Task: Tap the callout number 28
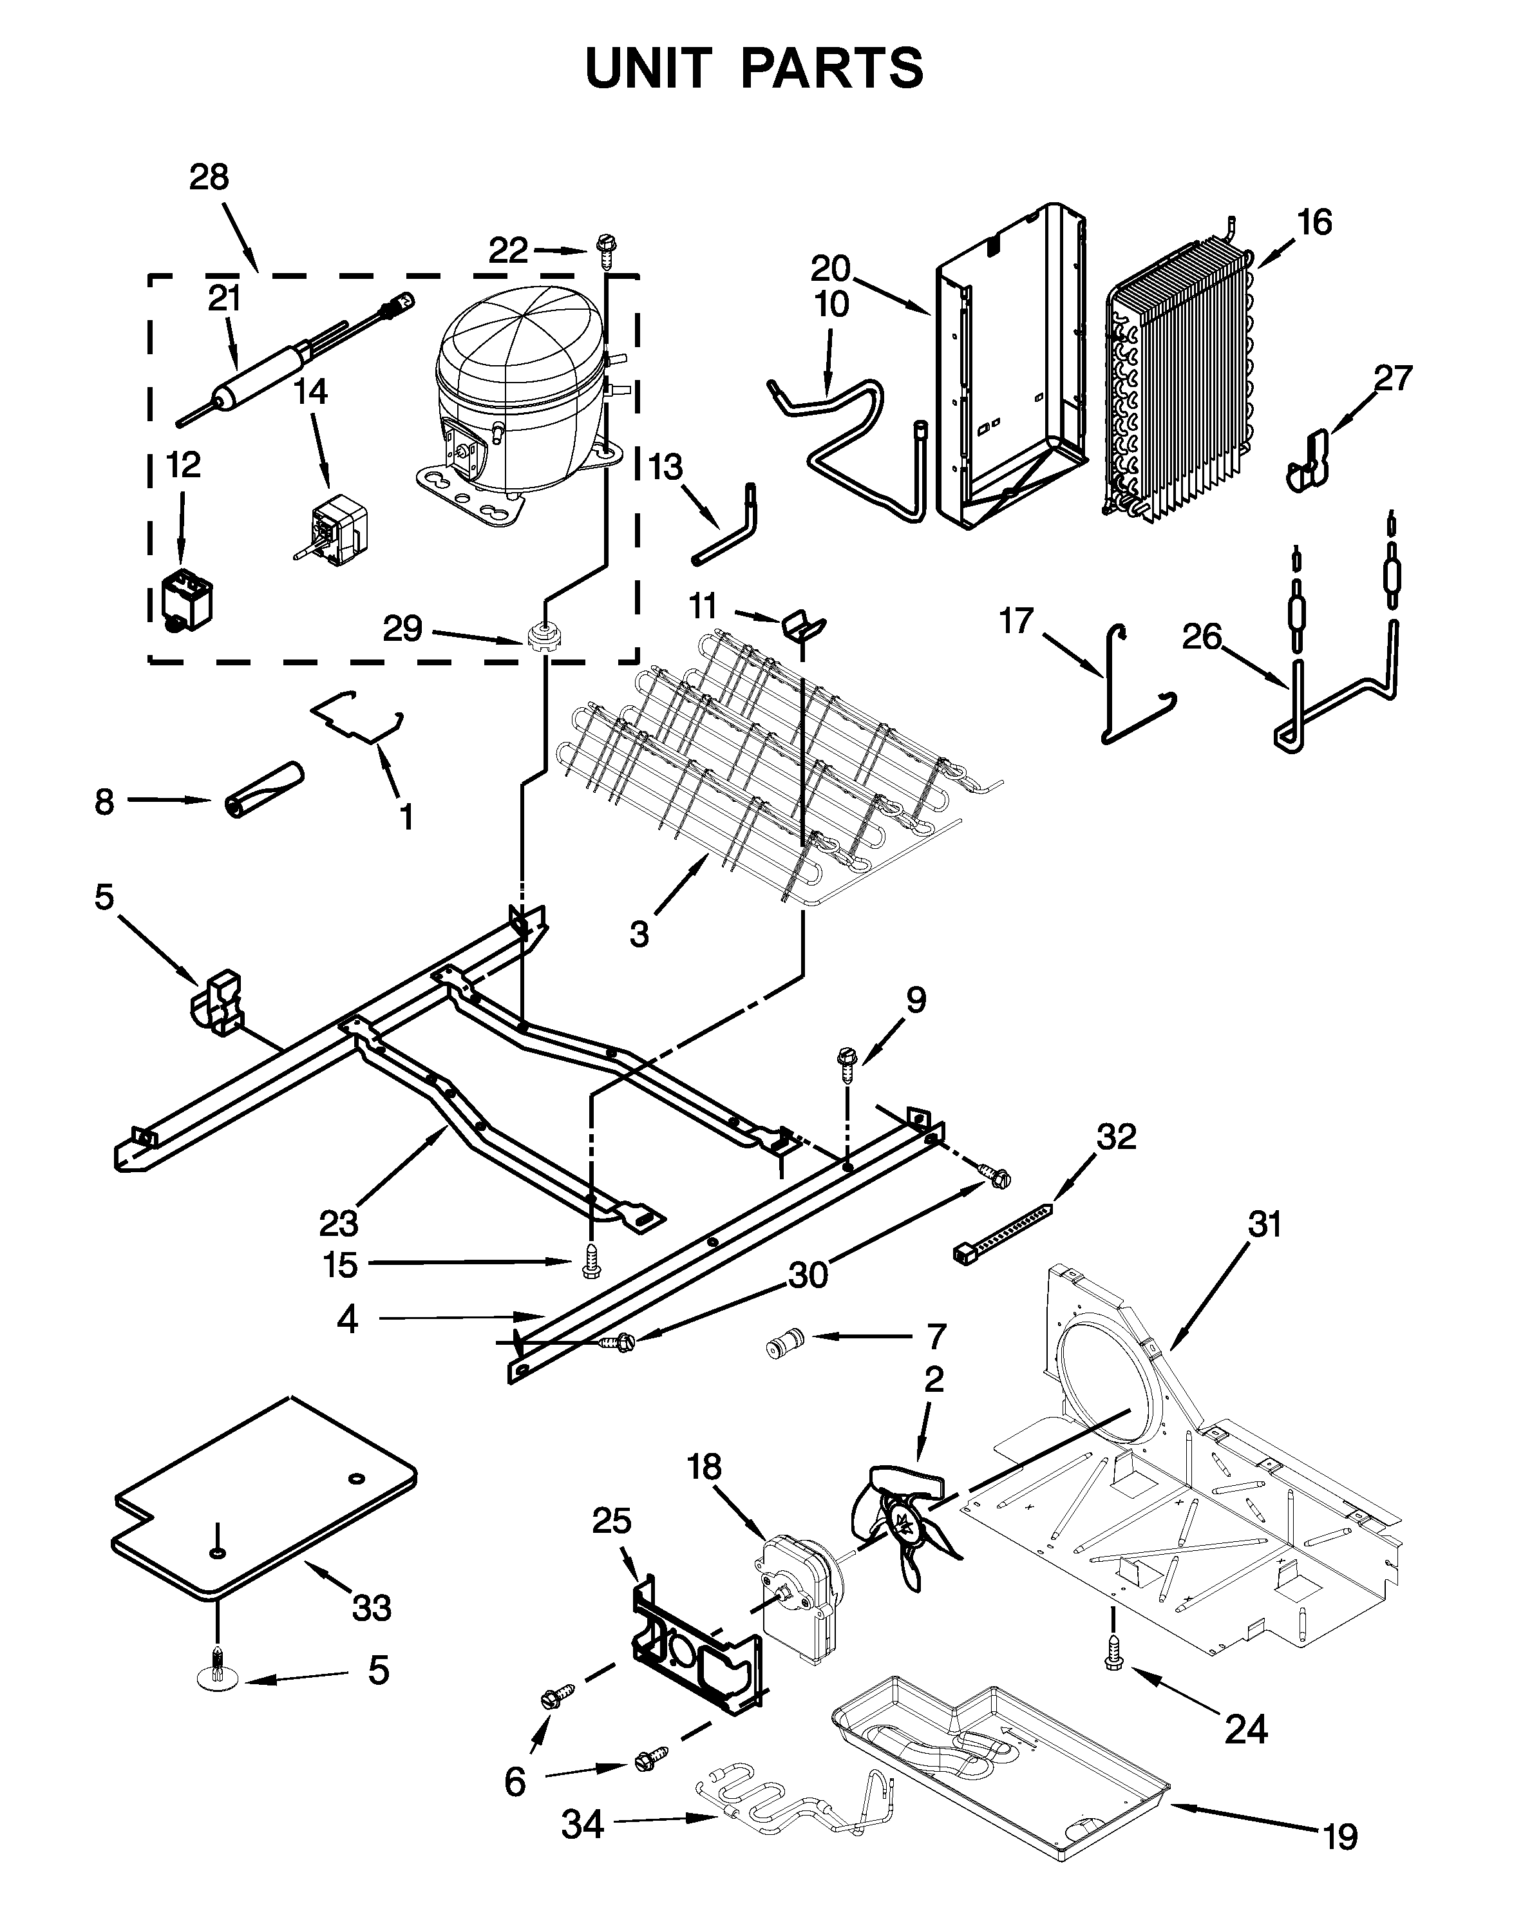(x=209, y=178)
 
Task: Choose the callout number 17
(x=1016, y=621)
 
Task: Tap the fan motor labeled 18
(x=798, y=1596)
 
